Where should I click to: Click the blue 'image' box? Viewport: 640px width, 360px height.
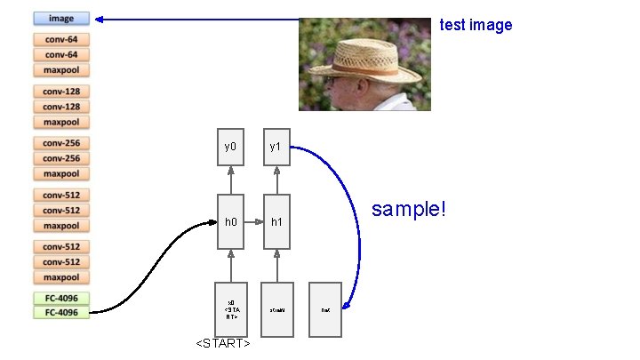[x=61, y=18]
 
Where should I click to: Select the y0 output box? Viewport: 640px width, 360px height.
[x=230, y=147]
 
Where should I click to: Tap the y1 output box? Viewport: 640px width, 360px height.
[x=277, y=147]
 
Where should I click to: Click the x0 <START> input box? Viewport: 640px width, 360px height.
[x=230, y=309]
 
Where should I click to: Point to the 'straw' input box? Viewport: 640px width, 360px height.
[x=277, y=309]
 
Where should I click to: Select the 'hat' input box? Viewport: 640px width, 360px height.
[x=324, y=309]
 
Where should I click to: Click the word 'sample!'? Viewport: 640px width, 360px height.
[x=409, y=210]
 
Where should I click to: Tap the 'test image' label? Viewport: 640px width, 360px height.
[x=476, y=25]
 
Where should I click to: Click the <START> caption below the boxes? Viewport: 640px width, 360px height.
[x=222, y=344]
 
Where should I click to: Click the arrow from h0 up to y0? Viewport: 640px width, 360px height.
[x=230, y=180]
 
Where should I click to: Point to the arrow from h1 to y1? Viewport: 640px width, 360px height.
[x=277, y=180]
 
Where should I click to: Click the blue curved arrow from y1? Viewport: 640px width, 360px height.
[x=358, y=222]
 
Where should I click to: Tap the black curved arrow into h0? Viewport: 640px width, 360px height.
[x=160, y=267]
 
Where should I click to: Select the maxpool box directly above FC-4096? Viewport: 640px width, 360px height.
[x=61, y=277]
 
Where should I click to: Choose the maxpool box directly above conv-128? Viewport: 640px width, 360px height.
[x=61, y=70]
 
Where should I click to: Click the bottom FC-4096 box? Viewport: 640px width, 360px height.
[x=61, y=313]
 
